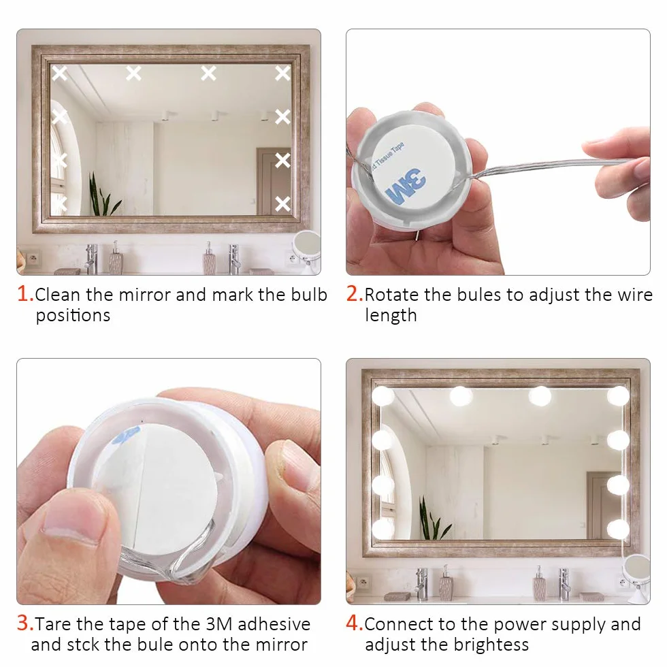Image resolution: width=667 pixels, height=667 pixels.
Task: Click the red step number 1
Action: pos(24,293)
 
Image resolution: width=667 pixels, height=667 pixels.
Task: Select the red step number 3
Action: pos(24,623)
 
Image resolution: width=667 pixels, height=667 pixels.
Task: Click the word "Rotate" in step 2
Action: pos(392,294)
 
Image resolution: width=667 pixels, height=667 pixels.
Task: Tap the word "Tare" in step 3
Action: pos(54,624)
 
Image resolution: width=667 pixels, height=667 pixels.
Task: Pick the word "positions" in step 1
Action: pos(73,316)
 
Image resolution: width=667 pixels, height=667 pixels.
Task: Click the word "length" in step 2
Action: pos(391,316)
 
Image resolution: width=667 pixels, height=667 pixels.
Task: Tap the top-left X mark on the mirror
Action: pos(60,74)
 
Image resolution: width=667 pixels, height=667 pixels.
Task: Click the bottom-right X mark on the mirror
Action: pos(282,204)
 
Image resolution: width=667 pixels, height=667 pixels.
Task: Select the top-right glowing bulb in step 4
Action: pos(618,395)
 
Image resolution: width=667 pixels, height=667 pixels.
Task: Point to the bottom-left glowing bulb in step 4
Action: pos(383,530)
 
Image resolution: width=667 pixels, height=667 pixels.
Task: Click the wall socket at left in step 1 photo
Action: pos(33,258)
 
